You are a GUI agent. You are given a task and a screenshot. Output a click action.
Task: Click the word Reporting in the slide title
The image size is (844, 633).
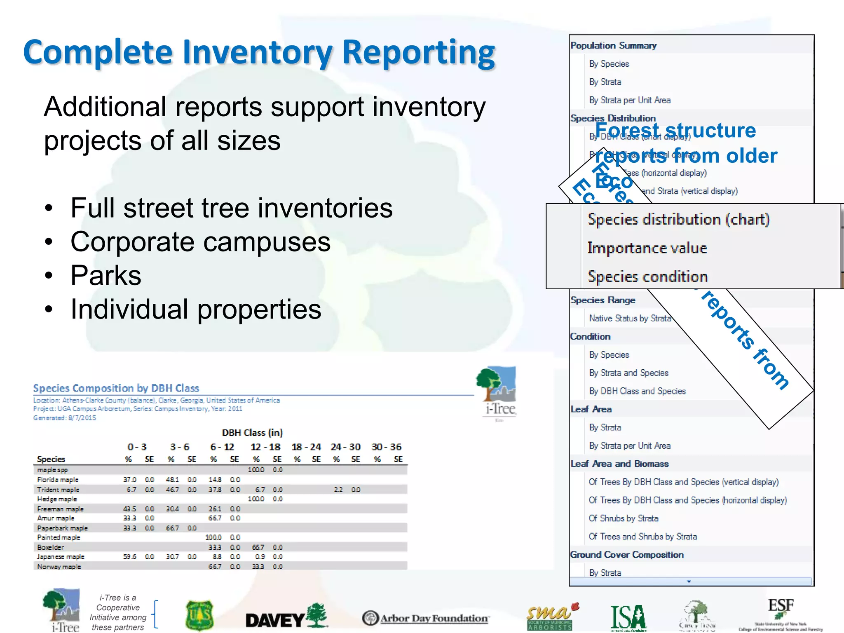(418, 53)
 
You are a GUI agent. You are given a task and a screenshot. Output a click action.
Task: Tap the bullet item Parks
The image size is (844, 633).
(106, 275)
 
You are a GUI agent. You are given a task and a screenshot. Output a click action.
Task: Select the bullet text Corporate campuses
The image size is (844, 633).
(200, 241)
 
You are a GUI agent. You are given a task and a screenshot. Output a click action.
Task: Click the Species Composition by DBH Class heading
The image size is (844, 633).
(116, 388)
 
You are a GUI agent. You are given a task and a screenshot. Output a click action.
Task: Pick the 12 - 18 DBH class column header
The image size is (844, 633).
(265, 447)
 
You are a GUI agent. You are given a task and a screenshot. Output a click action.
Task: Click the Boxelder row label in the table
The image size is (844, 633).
(51, 547)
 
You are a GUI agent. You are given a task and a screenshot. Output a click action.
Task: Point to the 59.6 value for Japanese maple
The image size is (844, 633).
(129, 557)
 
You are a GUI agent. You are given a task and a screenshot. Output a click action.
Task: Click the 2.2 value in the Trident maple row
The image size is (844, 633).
(338, 490)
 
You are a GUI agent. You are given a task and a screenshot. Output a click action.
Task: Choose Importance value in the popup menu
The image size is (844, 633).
(647, 248)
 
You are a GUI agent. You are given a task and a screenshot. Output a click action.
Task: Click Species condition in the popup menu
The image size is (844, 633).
(647, 277)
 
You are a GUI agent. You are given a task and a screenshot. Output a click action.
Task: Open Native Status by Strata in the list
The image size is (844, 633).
(630, 318)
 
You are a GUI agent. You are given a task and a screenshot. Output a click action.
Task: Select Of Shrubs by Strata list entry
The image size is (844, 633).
(624, 518)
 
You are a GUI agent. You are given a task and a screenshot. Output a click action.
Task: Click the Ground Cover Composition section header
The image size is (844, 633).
(627, 555)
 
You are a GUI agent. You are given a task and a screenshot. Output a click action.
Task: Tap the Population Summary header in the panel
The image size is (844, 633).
(613, 46)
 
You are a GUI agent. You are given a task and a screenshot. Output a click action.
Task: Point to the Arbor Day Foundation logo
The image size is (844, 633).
(426, 618)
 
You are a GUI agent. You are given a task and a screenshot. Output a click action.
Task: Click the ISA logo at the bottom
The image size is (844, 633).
(628, 617)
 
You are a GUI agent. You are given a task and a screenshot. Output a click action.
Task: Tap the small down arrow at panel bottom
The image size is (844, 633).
(689, 581)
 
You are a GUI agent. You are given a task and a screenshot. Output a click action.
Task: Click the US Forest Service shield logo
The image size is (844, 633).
(199, 616)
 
